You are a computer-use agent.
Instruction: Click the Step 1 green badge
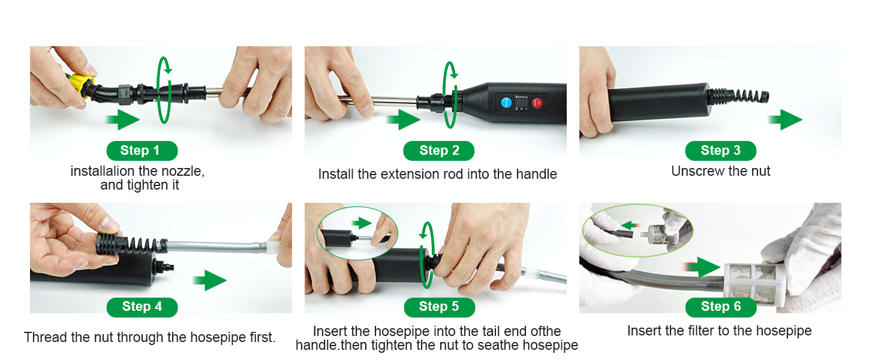point(142,151)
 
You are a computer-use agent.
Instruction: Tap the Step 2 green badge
point(438,151)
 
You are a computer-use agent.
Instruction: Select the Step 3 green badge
point(720,151)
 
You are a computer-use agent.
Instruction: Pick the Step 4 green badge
point(142,307)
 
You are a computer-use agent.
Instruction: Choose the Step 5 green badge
point(439,307)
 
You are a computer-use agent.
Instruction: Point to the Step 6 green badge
point(721,307)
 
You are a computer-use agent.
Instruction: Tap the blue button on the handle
point(506,103)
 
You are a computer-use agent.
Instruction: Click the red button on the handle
point(537,103)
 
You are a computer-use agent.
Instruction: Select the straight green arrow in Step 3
point(785,119)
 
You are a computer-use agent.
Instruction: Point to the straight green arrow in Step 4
point(210,280)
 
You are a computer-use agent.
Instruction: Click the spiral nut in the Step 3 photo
point(737,97)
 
